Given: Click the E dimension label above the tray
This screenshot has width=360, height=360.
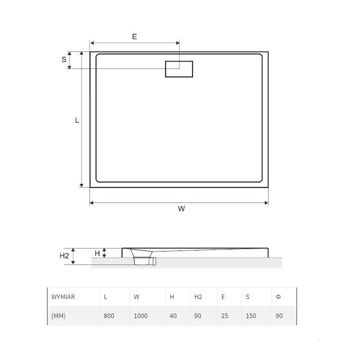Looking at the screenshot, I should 134,36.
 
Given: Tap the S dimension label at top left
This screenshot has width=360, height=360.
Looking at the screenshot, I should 64,59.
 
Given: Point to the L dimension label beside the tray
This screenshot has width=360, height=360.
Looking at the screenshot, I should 76,120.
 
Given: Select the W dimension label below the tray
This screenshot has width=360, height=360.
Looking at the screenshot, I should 181,209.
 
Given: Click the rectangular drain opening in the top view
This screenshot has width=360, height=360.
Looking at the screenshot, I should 179,69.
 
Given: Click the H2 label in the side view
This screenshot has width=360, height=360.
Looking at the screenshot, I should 64,256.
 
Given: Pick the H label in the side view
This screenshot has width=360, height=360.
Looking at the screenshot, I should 97,253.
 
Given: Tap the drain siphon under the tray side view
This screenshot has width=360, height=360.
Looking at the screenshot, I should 145,260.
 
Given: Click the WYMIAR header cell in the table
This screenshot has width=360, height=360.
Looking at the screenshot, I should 63,296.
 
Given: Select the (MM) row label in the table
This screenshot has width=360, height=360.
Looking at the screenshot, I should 58,316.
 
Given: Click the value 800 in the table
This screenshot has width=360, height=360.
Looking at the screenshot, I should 108,316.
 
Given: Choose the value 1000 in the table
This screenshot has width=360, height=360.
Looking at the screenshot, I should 141,316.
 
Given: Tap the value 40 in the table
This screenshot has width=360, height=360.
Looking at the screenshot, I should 173,316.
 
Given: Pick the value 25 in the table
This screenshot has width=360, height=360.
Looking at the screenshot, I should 224,316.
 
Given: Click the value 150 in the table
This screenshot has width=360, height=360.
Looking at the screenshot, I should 250,316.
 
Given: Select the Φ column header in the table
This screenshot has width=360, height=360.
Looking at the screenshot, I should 277,296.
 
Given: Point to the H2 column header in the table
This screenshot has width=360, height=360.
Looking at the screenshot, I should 198,296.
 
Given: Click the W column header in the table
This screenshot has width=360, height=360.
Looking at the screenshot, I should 136,296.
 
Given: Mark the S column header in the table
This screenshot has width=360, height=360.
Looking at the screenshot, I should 247,296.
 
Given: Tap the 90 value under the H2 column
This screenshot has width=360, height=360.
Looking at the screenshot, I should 198,316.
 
